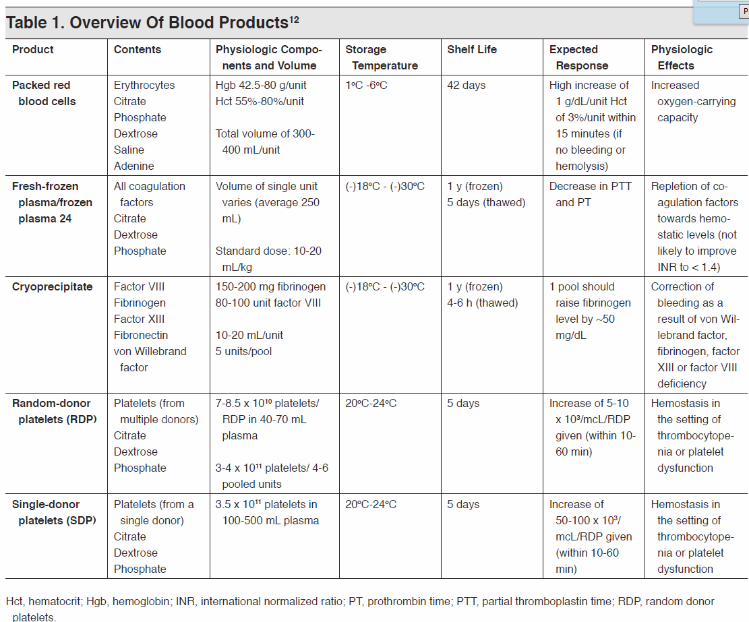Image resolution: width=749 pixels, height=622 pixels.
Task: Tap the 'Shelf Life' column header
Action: pos(471,49)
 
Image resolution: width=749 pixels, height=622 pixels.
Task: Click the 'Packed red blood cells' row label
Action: pos(44,93)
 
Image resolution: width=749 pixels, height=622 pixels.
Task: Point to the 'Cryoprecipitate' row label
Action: pos(52,286)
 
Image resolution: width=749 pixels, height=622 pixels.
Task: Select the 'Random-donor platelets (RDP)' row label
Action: pos(55,411)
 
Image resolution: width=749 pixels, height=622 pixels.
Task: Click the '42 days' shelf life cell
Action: pos(466,85)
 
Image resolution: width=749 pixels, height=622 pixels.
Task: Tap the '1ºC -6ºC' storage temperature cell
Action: pos(366,85)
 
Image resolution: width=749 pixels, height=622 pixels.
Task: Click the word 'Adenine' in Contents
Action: pos(133,166)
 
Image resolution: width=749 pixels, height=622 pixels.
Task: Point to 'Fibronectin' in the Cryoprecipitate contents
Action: pos(141,335)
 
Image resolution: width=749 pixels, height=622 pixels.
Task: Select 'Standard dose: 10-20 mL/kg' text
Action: pos(268,259)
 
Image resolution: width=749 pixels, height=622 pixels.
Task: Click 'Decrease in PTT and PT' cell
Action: pos(590,194)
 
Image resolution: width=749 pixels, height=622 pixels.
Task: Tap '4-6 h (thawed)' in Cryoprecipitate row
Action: pos(482,303)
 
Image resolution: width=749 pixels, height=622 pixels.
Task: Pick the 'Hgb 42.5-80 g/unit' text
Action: pos(260,85)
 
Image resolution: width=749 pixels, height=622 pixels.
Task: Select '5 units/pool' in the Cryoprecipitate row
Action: pos(243,351)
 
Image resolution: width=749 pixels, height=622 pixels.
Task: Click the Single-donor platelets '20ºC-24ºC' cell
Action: pos(371,504)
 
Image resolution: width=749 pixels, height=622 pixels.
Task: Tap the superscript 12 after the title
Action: pos(294,18)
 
